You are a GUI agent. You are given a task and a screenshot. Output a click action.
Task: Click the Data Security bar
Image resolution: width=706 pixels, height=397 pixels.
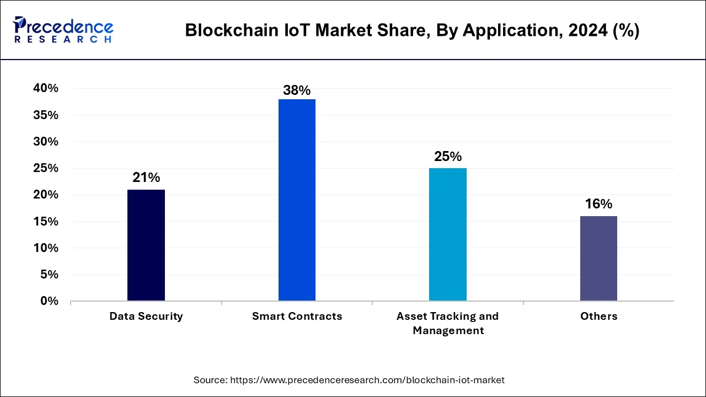tap(146, 245)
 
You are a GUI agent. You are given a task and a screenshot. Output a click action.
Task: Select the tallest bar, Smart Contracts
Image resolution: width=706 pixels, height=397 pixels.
tap(297, 200)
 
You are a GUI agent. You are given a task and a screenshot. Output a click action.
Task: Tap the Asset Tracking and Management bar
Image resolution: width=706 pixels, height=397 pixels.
tap(448, 234)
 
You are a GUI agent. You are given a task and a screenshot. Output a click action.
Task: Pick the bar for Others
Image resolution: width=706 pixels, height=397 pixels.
tap(598, 258)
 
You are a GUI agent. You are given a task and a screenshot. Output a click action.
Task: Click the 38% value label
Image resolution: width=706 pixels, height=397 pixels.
tap(297, 90)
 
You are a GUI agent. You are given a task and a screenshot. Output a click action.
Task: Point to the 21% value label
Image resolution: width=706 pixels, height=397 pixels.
tap(146, 178)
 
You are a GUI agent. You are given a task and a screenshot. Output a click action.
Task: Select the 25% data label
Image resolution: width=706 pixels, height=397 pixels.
tap(448, 157)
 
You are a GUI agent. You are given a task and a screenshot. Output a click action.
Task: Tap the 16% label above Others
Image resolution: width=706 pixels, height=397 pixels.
tap(598, 204)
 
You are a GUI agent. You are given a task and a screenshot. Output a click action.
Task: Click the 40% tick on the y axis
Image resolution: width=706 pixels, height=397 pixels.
tap(45, 88)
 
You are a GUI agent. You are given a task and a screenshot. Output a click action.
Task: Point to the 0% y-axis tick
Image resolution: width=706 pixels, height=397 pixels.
tap(49, 301)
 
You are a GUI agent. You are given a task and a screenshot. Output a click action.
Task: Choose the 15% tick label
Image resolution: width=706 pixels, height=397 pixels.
tap(45, 222)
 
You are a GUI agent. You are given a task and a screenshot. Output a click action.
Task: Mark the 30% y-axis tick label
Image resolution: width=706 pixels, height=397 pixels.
tap(45, 142)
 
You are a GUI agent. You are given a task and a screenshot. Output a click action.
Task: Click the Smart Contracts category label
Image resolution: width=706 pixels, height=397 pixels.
tap(297, 316)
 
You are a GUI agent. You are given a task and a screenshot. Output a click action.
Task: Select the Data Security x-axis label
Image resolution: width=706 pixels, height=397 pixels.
tap(146, 316)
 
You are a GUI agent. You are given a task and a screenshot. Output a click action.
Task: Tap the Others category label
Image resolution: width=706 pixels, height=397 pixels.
tap(598, 316)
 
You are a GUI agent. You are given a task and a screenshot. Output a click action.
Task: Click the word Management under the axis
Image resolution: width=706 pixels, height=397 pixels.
tap(448, 331)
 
